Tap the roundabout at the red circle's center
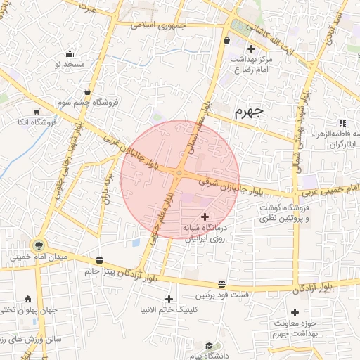pos(180,174)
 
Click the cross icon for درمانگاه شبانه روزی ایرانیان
pos(205,216)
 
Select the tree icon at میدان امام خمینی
pos(38,245)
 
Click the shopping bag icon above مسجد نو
pos(70,53)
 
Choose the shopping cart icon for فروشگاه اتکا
pos(36,111)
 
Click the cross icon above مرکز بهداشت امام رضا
pos(251,49)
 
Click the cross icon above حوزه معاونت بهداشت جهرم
pos(295,311)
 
